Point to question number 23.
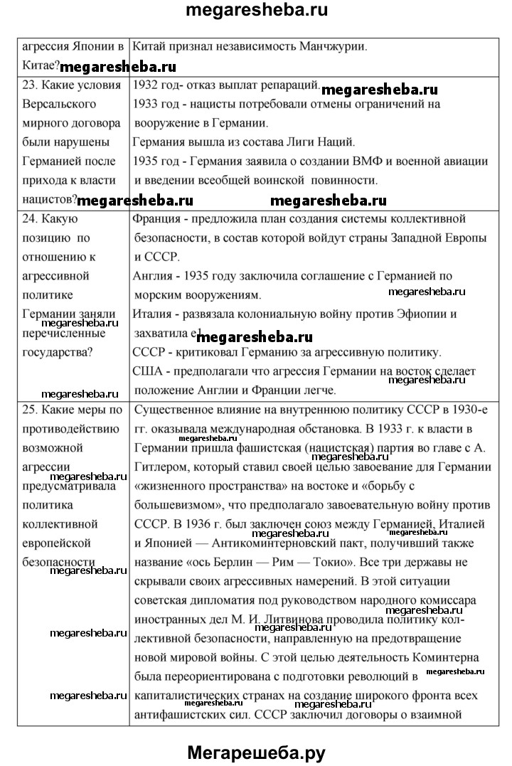point(30,85)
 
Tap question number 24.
point(30,218)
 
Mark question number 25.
point(30,410)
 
